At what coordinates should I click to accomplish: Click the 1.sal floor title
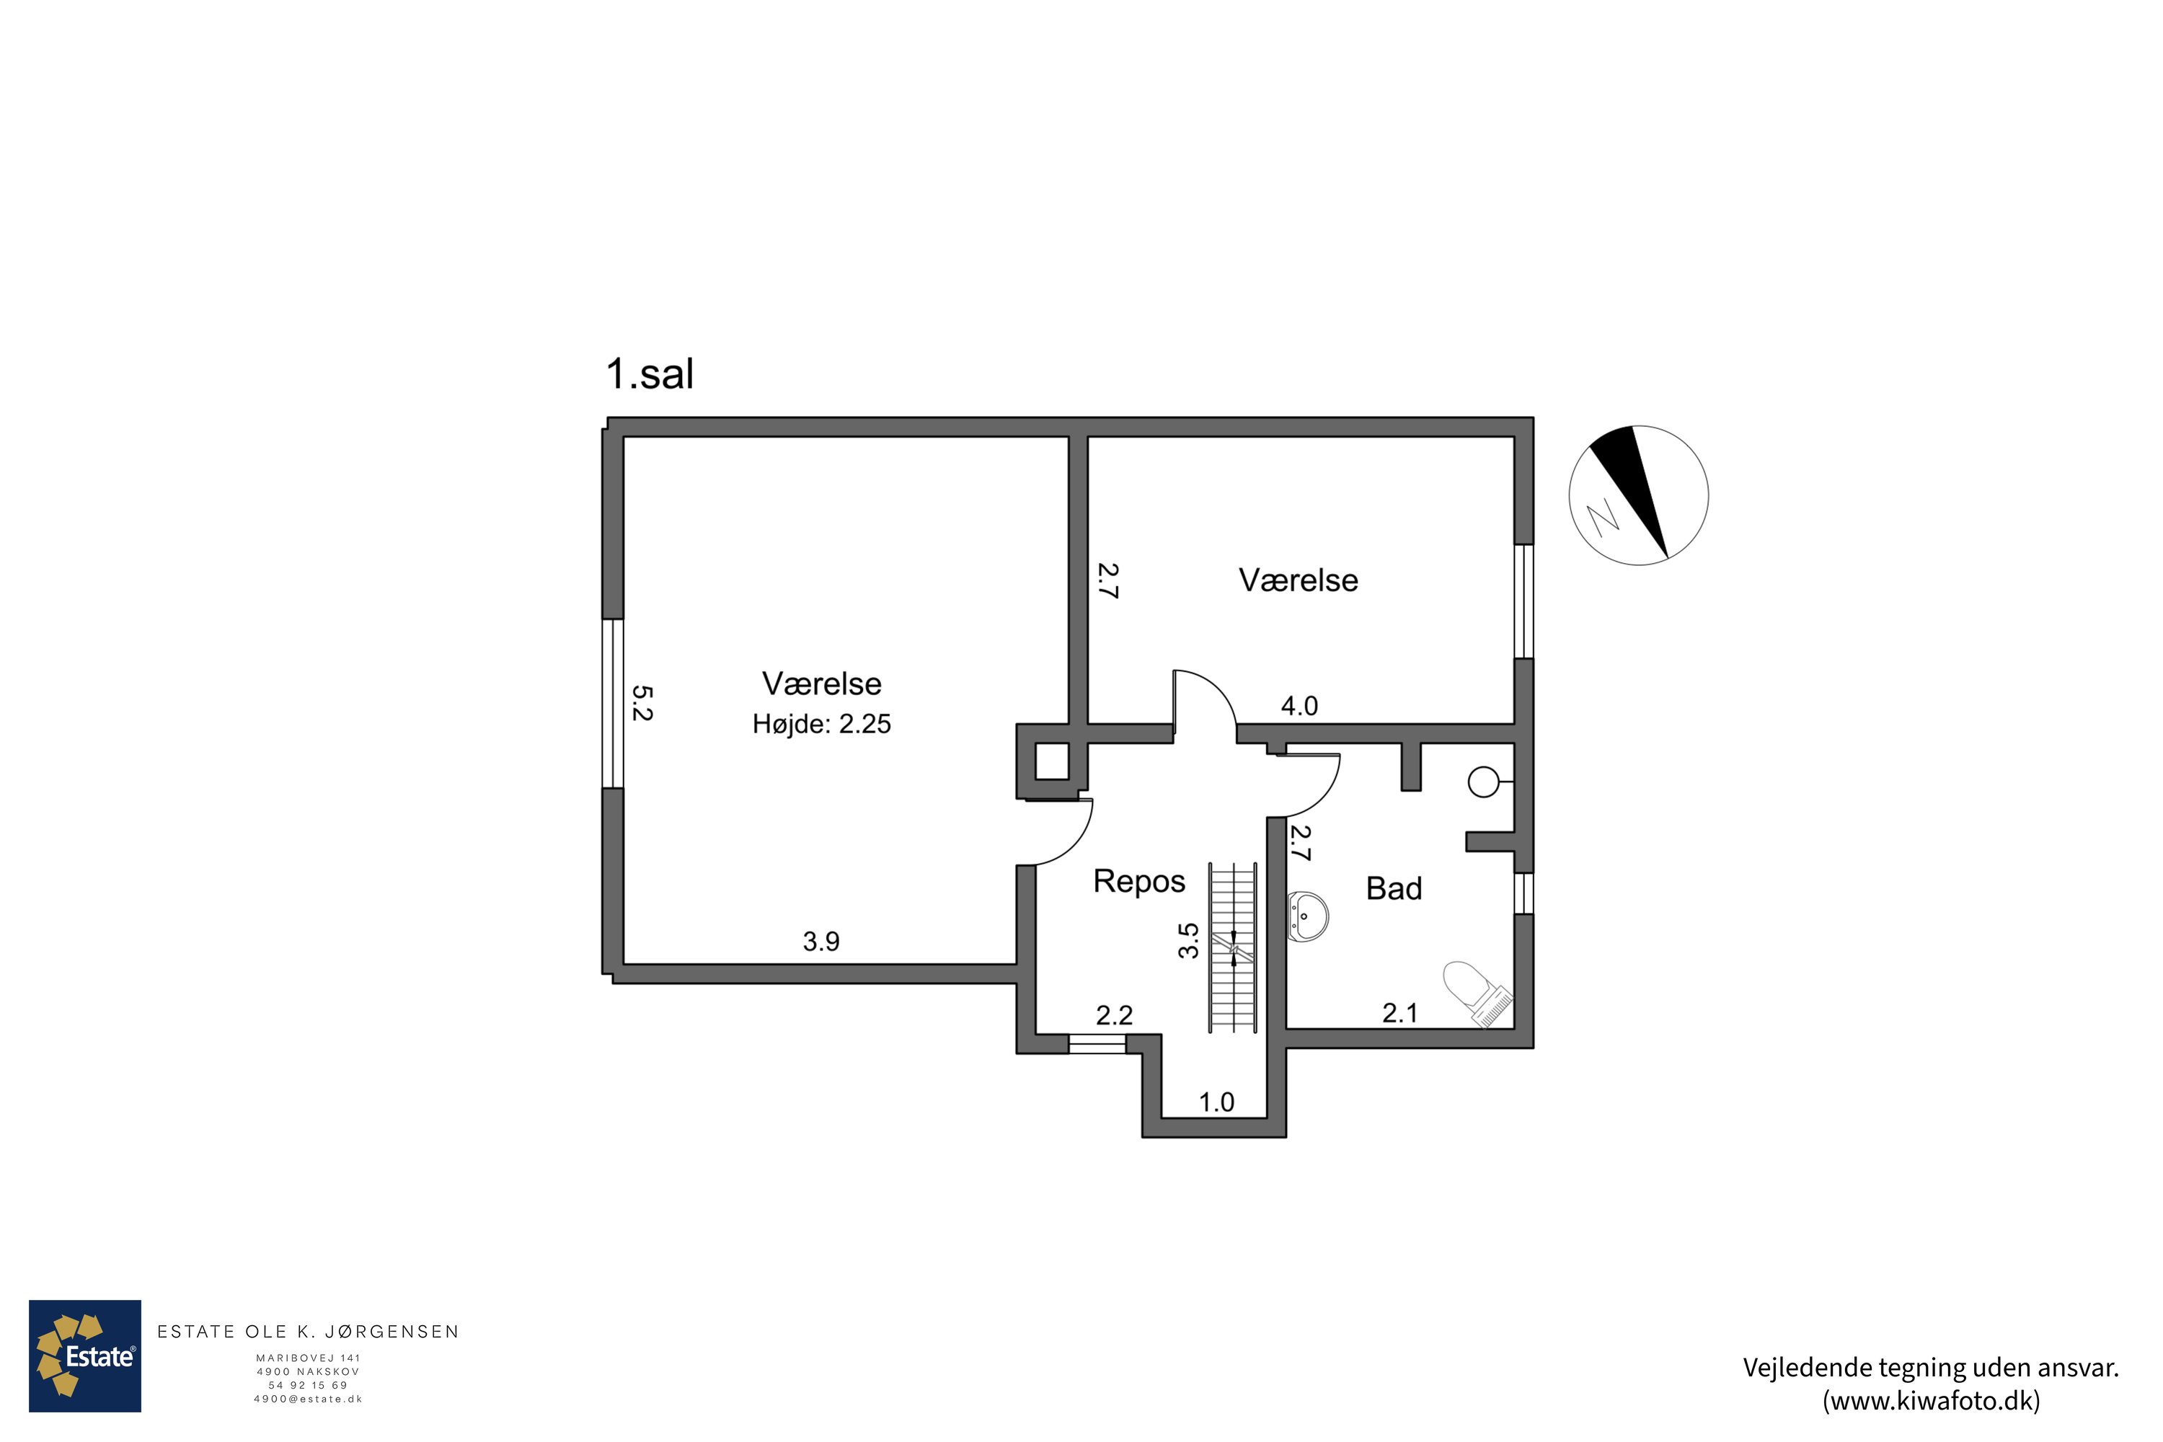[650, 373]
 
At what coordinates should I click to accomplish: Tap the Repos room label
[1138, 882]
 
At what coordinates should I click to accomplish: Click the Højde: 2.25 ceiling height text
[821, 724]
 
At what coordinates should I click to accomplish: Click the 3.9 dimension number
[821, 941]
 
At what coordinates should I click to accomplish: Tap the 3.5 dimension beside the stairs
[1189, 941]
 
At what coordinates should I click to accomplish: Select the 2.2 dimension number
[1114, 1015]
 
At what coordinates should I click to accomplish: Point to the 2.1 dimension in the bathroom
[1399, 1014]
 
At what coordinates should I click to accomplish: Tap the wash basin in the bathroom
[1306, 917]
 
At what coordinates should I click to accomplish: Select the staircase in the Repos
[1232, 947]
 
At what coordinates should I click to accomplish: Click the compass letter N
[1604, 517]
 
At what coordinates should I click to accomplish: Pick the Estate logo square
[84, 1355]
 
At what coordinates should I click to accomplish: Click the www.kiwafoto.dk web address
[1932, 1401]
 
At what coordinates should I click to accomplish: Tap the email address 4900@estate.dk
[308, 1399]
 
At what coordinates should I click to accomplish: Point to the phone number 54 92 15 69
[308, 1385]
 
